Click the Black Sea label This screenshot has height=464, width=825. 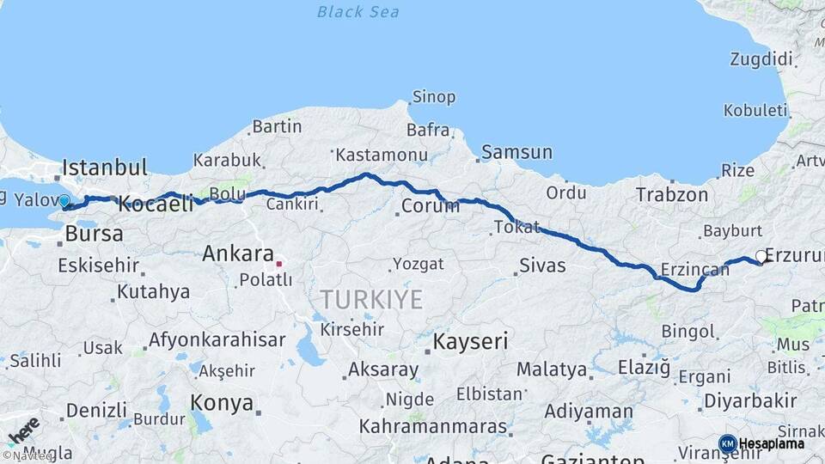coord(357,11)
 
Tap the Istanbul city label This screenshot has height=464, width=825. coord(105,167)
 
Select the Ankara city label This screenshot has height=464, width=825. coord(237,254)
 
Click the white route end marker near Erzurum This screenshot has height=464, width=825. coord(761,256)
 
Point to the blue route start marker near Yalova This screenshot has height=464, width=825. coord(64,202)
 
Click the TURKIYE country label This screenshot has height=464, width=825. coord(371,300)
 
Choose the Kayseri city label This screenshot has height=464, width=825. coord(471,342)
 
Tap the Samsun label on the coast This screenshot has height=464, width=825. coord(516,152)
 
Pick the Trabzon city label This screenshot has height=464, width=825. coord(672,195)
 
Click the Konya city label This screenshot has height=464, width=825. coord(222,402)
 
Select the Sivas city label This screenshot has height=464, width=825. coord(542,266)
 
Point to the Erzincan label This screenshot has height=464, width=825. coord(694,269)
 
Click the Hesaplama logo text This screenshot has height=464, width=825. coord(771,443)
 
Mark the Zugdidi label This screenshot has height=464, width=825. coord(761,58)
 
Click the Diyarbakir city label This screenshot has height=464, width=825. coord(750,400)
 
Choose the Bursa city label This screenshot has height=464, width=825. coord(94,234)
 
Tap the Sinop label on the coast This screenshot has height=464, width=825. coord(434,97)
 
